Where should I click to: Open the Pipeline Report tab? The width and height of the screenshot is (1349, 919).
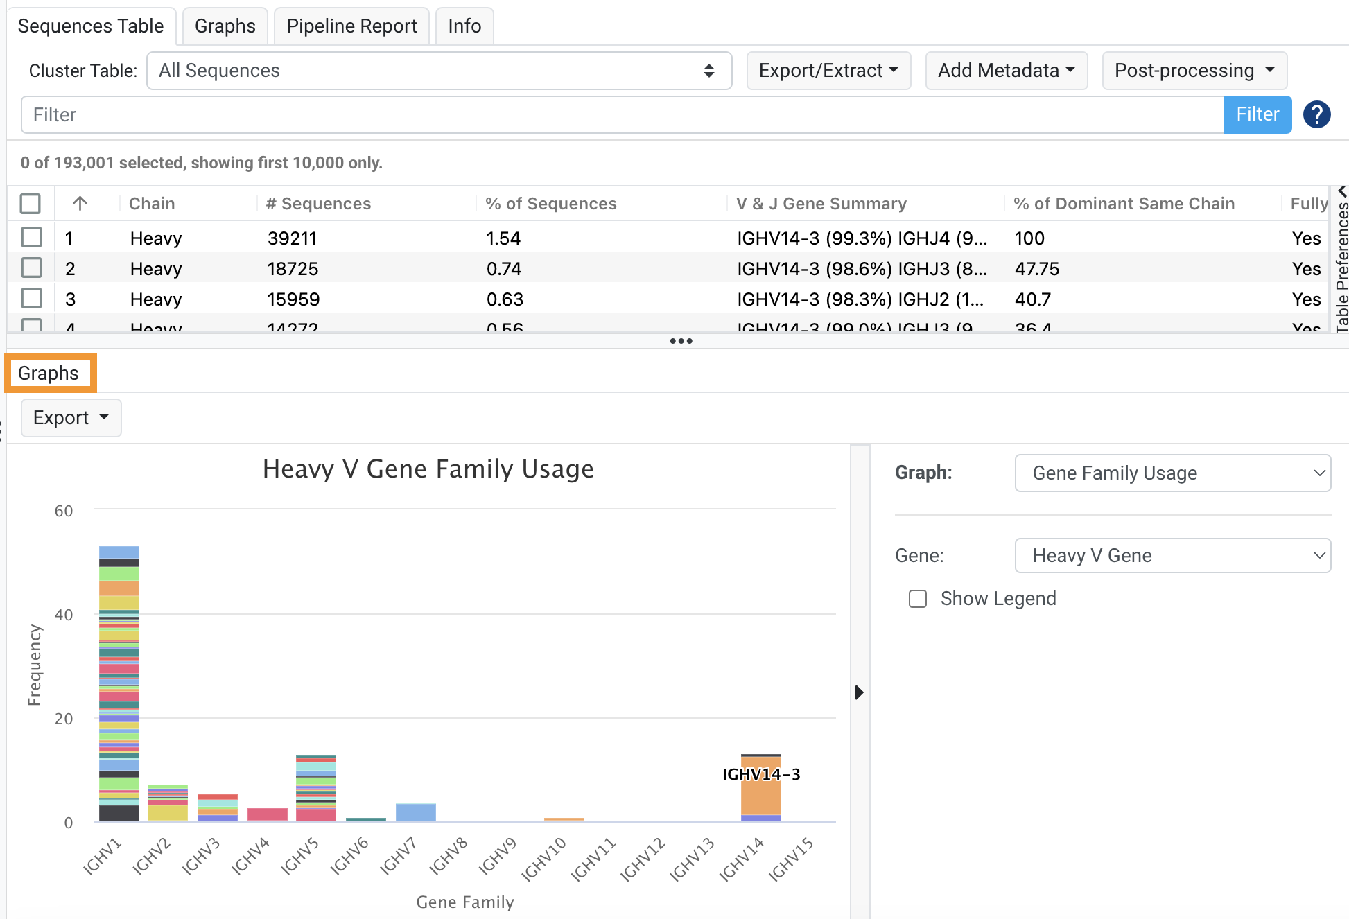[351, 26]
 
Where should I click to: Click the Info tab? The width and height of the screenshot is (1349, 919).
[464, 26]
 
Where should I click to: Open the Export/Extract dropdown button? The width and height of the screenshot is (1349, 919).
[828, 71]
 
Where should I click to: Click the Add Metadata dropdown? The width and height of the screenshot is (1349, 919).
[1005, 71]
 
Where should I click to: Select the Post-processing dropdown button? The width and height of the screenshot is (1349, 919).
[1194, 71]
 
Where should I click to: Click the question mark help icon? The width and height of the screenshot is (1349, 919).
[1316, 114]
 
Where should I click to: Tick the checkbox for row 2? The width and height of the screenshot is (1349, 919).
[31, 268]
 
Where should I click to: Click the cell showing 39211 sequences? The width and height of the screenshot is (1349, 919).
[292, 238]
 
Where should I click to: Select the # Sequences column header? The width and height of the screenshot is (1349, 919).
[318, 204]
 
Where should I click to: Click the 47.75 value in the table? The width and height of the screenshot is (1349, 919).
[1036, 269]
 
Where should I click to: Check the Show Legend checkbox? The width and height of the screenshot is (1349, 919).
[918, 599]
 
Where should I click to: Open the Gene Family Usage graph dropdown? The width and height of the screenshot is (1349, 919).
[1172, 473]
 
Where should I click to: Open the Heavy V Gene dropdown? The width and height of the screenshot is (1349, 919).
[1172, 556]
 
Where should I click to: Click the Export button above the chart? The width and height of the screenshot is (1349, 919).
[71, 418]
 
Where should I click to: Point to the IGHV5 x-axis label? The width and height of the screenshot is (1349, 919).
[300, 855]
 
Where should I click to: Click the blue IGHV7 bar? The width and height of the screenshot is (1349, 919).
[415, 812]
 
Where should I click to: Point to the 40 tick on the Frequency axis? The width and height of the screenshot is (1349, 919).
[63, 615]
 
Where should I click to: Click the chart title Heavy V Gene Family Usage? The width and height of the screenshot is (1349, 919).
[428, 469]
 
